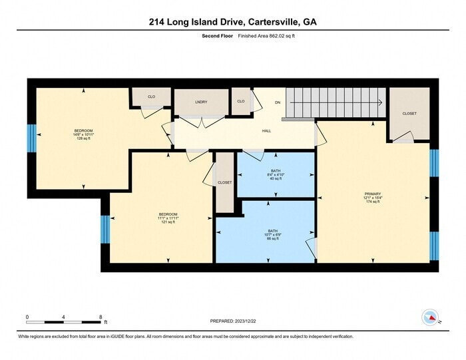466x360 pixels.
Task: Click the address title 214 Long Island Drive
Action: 232,21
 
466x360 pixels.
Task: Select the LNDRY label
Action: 201,102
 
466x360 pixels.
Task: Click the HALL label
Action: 266,130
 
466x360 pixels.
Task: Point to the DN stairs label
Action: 278,102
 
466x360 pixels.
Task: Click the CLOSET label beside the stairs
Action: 409,114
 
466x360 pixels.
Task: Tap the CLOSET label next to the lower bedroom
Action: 225,182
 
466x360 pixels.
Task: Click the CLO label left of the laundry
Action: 151,97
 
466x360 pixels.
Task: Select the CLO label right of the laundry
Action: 241,101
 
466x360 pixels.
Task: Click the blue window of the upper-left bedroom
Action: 31,138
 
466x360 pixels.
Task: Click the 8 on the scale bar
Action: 100,317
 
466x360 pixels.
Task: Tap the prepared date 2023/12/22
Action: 233,321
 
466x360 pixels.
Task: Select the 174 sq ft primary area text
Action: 373,202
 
